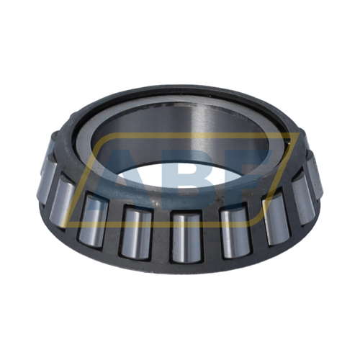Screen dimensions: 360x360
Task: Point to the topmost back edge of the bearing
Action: click(180, 89)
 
